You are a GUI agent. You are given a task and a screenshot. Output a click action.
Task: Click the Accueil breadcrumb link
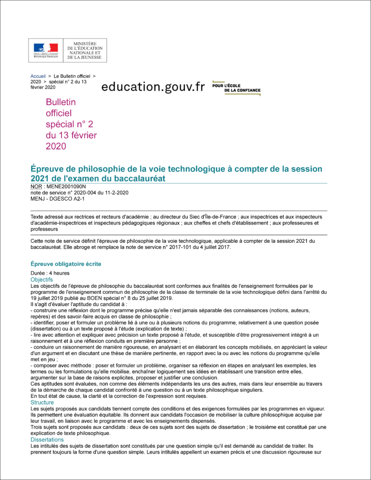point(38,76)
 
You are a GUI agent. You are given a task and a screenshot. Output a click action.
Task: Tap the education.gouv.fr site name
point(153,87)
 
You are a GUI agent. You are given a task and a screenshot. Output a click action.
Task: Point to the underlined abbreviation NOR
point(36,187)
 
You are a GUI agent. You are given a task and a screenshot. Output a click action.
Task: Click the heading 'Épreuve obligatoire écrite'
point(66,264)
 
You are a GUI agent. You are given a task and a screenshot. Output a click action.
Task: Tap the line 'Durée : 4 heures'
point(50,273)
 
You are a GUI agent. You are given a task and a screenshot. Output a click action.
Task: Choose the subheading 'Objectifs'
point(42,279)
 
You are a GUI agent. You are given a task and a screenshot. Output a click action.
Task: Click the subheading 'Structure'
point(42,402)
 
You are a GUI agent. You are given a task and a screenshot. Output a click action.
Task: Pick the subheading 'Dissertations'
point(47,440)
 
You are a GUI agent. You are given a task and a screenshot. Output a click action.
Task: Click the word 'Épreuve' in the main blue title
point(49,169)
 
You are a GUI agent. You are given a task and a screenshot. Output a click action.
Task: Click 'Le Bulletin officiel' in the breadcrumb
point(72,76)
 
